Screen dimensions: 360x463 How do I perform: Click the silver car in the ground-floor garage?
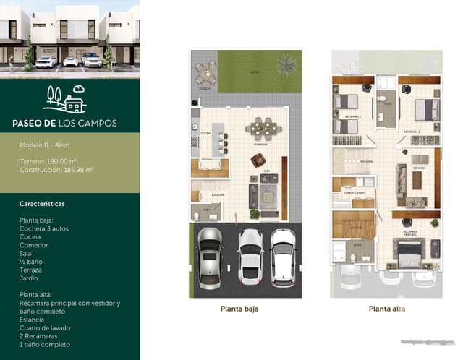pyautogui.click(x=210, y=258)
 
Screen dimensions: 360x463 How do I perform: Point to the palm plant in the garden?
pyautogui.click(x=286, y=64)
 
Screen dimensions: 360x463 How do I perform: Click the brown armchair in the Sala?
pyautogui.click(x=255, y=179)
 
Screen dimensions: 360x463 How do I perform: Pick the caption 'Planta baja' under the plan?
pyautogui.click(x=239, y=309)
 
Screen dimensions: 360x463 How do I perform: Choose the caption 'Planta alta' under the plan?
pyautogui.click(x=387, y=309)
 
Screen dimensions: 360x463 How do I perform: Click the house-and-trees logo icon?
pyautogui.click(x=64, y=99)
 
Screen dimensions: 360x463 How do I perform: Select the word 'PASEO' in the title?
pyautogui.click(x=30, y=123)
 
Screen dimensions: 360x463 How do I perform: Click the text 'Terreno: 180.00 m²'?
pyautogui.click(x=48, y=160)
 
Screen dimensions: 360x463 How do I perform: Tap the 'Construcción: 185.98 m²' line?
pyautogui.click(x=56, y=169)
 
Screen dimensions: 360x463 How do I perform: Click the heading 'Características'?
pyautogui.click(x=42, y=204)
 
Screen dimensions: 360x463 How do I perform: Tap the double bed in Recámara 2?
pyautogui.click(x=427, y=109)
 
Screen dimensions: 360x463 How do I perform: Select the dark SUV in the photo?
pyautogui.click(x=92, y=59)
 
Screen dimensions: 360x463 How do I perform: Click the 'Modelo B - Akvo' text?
pyautogui.click(x=45, y=145)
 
